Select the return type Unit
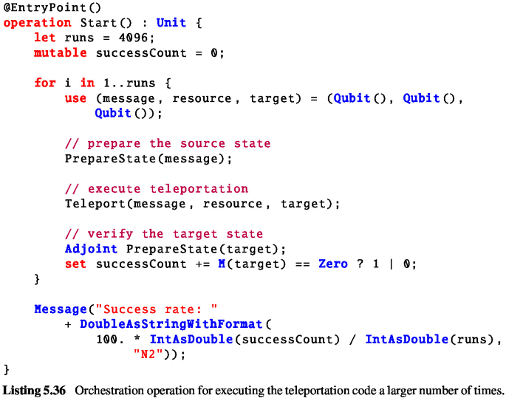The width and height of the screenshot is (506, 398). pyautogui.click(x=171, y=22)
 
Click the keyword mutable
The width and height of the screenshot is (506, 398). pyautogui.click(x=60, y=53)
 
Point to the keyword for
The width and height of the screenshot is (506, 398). pyautogui.click(x=44, y=83)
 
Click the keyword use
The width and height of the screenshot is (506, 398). pyautogui.click(x=75, y=98)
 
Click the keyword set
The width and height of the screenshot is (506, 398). pyautogui.click(x=75, y=264)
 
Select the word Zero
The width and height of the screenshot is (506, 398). pyautogui.click(x=332, y=264)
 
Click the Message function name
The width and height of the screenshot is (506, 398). pyautogui.click(x=60, y=309)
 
